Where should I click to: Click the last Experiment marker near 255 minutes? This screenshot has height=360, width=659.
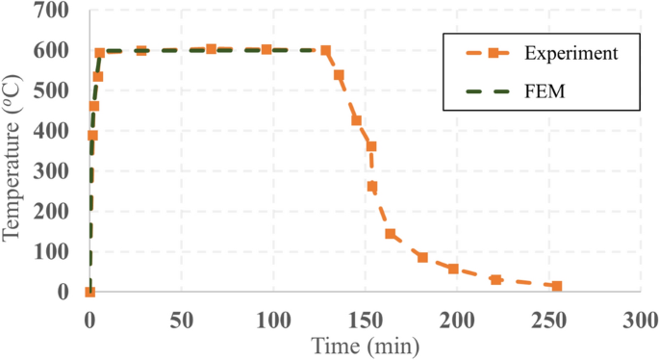pos(557,286)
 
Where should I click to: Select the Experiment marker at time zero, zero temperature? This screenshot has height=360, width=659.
pos(89,292)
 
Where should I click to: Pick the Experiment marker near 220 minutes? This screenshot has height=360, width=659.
pos(496,280)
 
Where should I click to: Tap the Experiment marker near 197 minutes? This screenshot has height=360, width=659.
pos(453,269)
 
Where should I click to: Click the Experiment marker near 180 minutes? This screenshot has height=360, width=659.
pos(422,258)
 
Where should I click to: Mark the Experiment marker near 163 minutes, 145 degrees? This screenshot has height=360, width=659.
pos(390,234)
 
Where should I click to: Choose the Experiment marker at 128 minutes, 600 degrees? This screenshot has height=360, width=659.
pos(325,51)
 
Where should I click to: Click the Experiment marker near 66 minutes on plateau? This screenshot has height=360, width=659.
pos(212,49)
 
